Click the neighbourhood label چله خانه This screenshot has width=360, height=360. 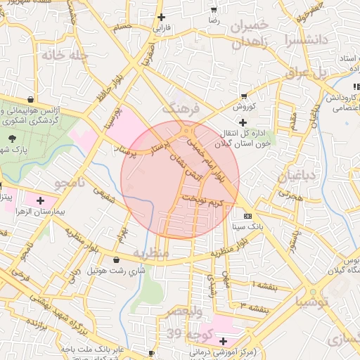(x=64, y=55)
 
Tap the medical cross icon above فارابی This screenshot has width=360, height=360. (x=162, y=16)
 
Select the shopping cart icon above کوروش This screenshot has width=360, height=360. (x=244, y=96)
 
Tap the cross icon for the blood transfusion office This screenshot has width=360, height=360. (x=243, y=122)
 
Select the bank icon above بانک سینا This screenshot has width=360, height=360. (x=247, y=216)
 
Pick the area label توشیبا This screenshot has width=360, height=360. (x=313, y=303)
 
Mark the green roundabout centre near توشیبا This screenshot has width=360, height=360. (x=313, y=290)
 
